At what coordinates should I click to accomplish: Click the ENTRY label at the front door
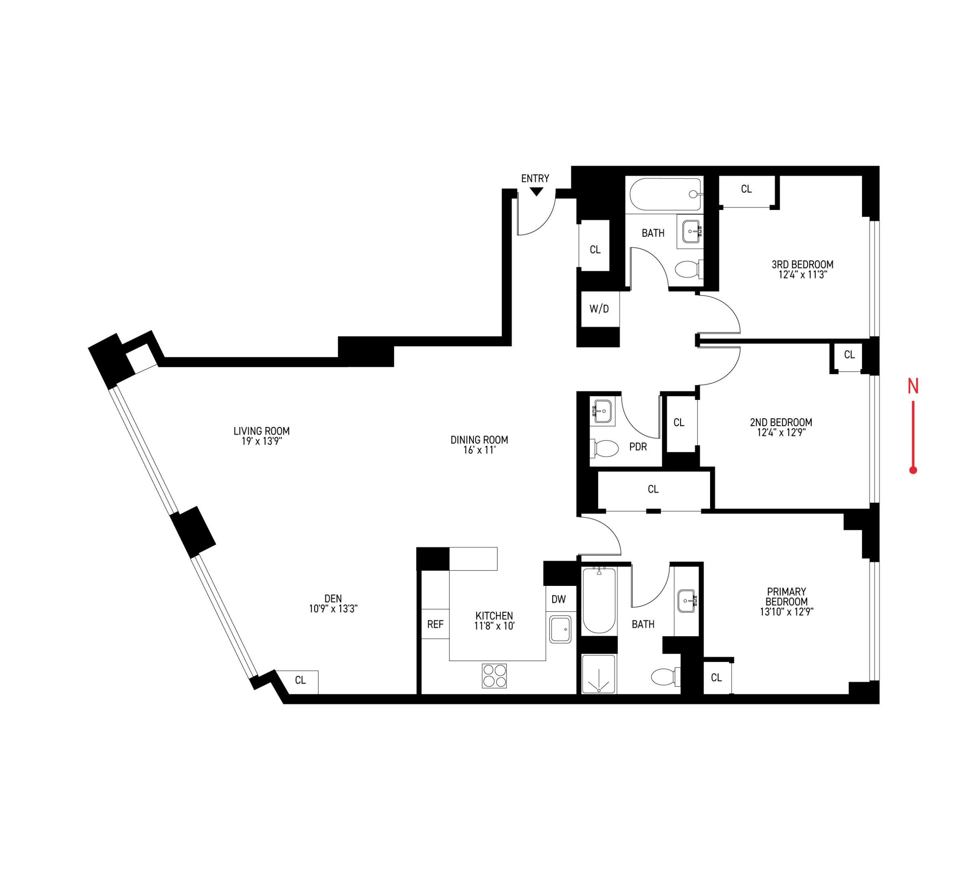click(535, 178)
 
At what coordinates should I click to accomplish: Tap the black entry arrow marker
click(536, 192)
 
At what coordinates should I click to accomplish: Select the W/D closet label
click(599, 309)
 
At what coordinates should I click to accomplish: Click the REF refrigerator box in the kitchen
click(435, 624)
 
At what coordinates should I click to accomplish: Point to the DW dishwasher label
click(558, 599)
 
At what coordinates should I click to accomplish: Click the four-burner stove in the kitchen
click(495, 676)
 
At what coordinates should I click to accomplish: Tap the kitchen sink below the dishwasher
click(560, 629)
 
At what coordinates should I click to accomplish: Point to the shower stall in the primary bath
click(599, 674)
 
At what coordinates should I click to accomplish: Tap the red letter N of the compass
click(913, 387)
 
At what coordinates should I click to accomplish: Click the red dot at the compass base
click(913, 470)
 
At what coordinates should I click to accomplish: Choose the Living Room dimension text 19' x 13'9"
click(261, 441)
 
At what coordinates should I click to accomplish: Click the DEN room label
click(333, 598)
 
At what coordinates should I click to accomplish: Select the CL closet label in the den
click(300, 680)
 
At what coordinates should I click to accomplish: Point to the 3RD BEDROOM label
click(802, 264)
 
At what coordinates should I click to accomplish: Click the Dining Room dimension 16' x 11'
click(479, 450)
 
